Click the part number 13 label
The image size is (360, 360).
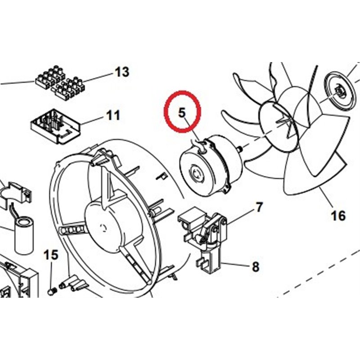[x=121, y=72]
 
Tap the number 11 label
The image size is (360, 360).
[x=113, y=115]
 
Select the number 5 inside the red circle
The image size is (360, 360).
[x=182, y=112]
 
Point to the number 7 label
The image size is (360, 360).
[x=259, y=207]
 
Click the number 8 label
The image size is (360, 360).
[x=255, y=267]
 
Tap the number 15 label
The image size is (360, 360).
[x=51, y=255]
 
